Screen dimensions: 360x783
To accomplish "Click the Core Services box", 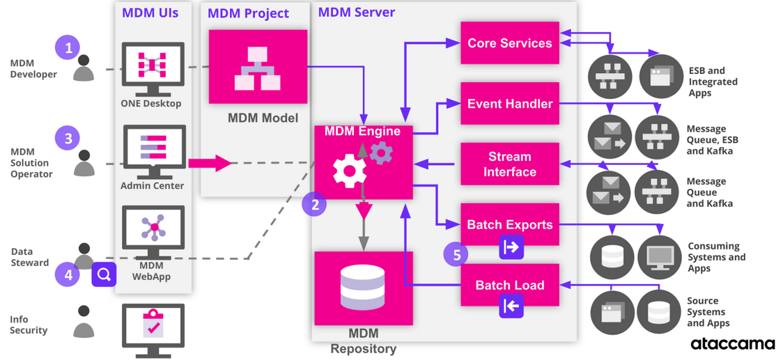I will click(x=510, y=43).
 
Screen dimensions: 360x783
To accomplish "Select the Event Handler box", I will click(x=510, y=104).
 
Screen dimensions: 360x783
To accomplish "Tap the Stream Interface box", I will click(x=510, y=164).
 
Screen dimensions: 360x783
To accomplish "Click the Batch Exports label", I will click(x=510, y=225).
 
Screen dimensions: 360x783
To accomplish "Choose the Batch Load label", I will click(x=510, y=285).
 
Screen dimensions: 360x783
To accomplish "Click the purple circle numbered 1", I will click(x=68, y=48).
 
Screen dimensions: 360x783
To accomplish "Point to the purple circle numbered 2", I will click(x=315, y=205).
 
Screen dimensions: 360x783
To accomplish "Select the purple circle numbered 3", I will click(x=68, y=138).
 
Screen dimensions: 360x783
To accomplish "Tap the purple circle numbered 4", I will click(x=68, y=274).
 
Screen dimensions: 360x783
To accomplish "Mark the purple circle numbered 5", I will click(x=457, y=255).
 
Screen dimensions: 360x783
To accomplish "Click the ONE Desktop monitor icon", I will click(x=153, y=67).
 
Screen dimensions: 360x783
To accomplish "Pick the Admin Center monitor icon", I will click(x=153, y=149).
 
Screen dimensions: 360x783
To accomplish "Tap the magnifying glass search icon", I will click(x=104, y=274).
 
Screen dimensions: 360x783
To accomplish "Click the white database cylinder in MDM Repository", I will click(x=363, y=288).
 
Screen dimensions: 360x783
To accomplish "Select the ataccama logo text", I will click(x=733, y=344).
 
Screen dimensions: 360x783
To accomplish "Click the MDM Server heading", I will click(x=357, y=13).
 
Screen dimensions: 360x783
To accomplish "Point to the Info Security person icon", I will click(x=84, y=322).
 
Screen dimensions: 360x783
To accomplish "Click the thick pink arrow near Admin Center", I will click(x=210, y=164).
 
